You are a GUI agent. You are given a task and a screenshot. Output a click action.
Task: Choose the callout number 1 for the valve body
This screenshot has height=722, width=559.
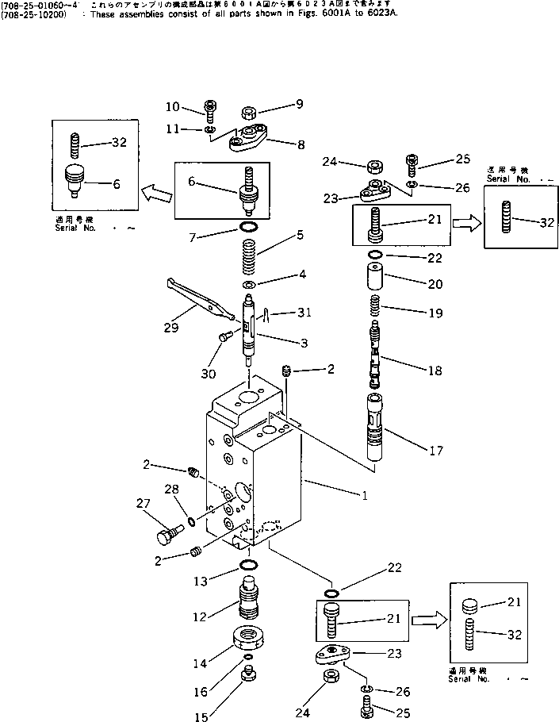click(363, 495)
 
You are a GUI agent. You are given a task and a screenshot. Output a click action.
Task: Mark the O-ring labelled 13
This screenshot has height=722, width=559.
click(248, 565)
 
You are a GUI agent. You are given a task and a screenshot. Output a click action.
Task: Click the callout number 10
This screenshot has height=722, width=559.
click(173, 107)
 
